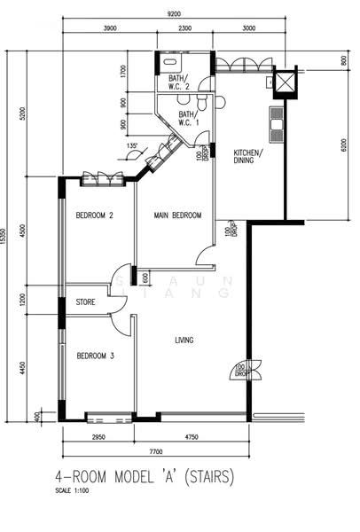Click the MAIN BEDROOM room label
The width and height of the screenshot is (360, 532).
pos(177,215)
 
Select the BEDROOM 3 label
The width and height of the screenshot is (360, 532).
pos(93,356)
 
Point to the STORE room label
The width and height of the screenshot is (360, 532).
pos(85,302)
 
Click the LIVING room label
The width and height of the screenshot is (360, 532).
pos(184,340)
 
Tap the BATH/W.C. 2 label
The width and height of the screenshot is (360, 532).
pos(180,82)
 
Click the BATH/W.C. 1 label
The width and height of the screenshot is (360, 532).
pos(188,118)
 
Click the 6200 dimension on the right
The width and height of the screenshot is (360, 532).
pos(343,143)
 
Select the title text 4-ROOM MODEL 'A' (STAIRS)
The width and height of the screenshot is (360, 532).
pos(144,477)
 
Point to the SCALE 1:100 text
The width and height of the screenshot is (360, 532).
pos(72,490)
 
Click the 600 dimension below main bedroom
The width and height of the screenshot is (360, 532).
pos(145,278)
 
